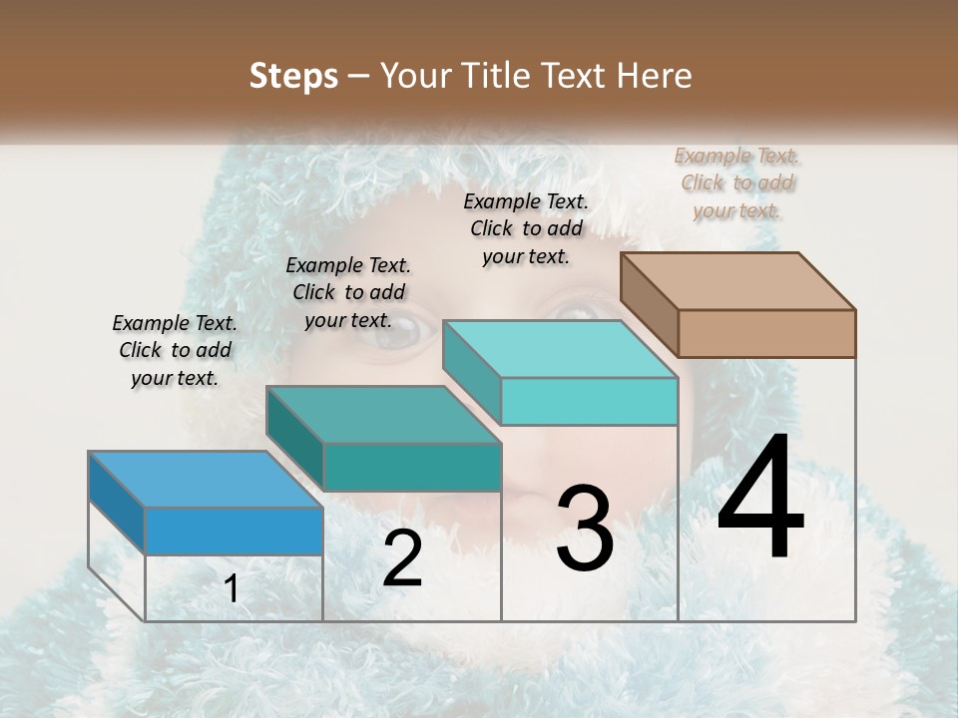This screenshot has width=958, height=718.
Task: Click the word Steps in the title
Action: pyautogui.click(x=293, y=76)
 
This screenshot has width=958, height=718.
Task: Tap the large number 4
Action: pyautogui.click(x=760, y=499)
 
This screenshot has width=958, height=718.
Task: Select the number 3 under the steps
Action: pyautogui.click(x=584, y=529)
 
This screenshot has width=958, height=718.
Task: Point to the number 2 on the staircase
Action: pyautogui.click(x=402, y=557)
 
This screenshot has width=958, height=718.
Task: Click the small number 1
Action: pyautogui.click(x=232, y=589)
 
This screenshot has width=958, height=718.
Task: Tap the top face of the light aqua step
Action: pyautogui.click(x=560, y=349)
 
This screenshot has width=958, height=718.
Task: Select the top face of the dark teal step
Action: pyautogui.click(x=383, y=415)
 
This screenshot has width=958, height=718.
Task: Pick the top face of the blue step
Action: pyautogui.click(x=206, y=480)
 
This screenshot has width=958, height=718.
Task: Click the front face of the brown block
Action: pyautogui.click(x=766, y=333)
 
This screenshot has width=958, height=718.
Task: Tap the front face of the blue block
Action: pyautogui.click(x=234, y=531)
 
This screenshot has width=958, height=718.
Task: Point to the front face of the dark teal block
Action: pyautogui.click(x=412, y=467)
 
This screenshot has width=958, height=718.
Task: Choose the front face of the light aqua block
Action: pyautogui.click(x=589, y=401)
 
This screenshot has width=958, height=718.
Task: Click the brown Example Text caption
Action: pyautogui.click(x=736, y=182)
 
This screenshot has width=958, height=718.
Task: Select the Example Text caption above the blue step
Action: pyautogui.click(x=175, y=350)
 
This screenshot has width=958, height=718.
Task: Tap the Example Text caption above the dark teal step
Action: pyautogui.click(x=348, y=292)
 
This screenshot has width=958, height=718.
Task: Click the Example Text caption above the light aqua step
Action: pyautogui.click(x=526, y=228)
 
